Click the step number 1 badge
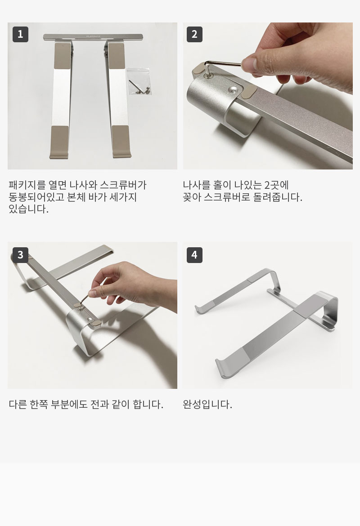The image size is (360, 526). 20,34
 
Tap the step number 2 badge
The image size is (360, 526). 194,34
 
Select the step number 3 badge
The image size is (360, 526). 20,254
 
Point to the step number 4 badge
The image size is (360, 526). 194,254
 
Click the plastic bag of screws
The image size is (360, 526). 139,81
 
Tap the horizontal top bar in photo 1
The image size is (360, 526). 93,36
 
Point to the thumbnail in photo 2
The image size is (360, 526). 249,63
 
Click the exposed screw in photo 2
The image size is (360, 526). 234,89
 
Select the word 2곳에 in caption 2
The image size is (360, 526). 276,185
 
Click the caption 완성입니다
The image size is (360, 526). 207,404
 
